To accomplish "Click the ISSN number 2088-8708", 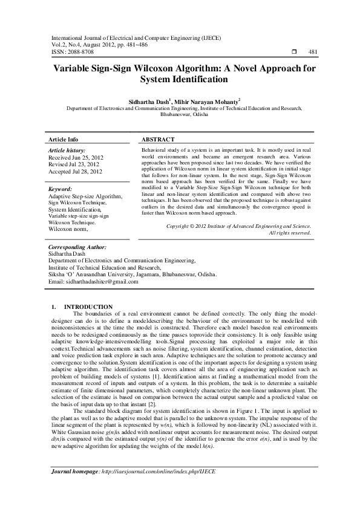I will (79, 53).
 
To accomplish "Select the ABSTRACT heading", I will (158, 139).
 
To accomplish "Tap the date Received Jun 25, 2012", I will (75, 157).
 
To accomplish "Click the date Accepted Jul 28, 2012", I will (75, 171).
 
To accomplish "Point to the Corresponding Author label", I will (77, 247).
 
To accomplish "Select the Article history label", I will (67, 149).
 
